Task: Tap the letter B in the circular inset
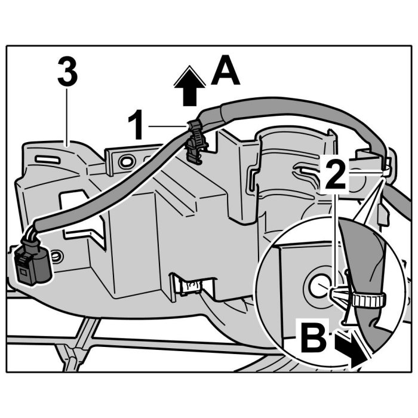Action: pyautogui.click(x=313, y=337)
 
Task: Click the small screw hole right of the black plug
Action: pyautogui.click(x=56, y=256)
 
